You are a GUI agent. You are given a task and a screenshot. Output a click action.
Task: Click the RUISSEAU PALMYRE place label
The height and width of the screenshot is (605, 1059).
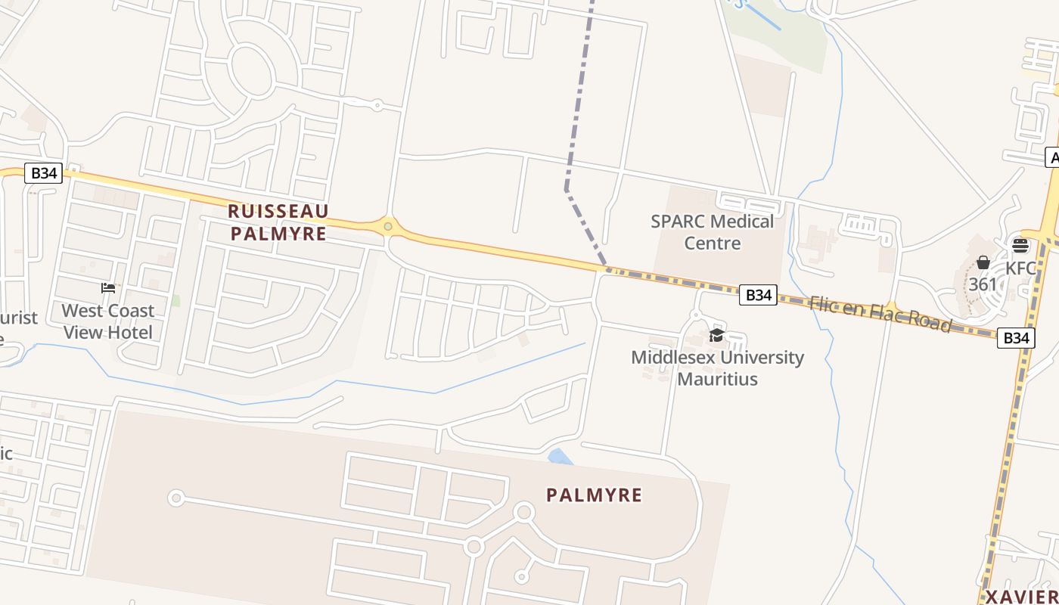pos(278,222)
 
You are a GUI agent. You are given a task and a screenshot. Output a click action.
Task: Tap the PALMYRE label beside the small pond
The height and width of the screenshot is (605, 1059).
pos(595,495)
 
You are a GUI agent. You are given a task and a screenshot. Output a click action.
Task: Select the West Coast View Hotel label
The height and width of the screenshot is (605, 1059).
pos(108,321)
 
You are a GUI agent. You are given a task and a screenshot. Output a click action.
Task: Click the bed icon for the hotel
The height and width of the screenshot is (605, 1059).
pos(108,288)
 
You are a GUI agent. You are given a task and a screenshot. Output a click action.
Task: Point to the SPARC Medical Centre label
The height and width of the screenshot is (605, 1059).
pos(713,232)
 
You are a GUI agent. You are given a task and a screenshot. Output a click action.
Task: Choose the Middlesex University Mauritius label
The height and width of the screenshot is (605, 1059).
pos(717,368)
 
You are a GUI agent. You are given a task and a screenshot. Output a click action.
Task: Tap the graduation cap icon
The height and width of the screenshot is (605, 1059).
pos(716,335)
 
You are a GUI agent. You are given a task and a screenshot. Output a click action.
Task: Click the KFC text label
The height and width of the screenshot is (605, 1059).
pos(1020,268)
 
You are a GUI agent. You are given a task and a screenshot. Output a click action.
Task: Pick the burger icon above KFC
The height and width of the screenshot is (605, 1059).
pos(1020,246)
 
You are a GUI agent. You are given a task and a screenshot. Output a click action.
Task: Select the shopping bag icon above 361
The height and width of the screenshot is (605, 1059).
pos(983,262)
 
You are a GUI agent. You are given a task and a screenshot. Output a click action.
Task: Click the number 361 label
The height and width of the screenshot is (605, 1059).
pos(983,285)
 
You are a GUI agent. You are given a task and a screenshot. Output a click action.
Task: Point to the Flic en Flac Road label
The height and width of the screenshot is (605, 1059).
pos(880,313)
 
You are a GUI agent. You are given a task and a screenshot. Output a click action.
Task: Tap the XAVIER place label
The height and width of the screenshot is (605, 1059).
pos(1022,597)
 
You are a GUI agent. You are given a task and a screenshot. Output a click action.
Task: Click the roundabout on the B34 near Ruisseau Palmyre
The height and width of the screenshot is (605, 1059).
pos(388,225)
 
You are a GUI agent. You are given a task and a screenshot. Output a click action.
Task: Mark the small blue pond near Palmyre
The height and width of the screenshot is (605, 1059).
pos(560,457)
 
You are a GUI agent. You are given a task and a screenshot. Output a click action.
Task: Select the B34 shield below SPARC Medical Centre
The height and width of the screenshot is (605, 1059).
pos(758,295)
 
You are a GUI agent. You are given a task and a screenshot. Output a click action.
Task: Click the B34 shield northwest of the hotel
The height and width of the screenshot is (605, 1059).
pos(43,172)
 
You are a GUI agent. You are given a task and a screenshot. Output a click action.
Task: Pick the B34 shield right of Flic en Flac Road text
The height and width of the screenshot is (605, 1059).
pos(1015,337)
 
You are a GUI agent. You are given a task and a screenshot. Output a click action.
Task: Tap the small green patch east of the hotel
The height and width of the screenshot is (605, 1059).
pos(175,300)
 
